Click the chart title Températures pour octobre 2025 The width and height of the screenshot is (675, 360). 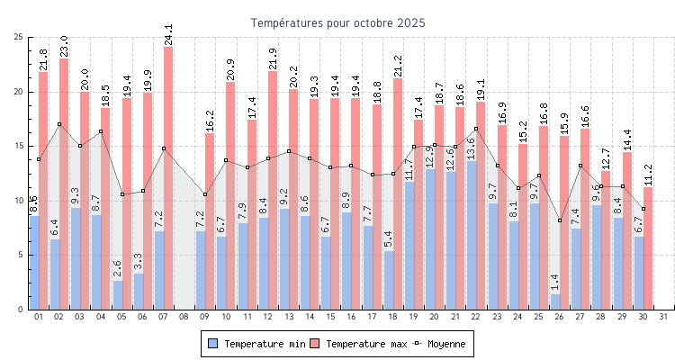pos(337,22)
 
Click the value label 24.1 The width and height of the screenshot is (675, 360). pos(168,34)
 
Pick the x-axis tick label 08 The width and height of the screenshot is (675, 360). pos(184,317)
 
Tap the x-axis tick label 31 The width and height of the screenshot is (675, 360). pos(663,317)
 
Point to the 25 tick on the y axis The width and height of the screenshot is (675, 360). pos(19,37)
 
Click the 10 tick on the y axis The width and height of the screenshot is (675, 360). pos(19,201)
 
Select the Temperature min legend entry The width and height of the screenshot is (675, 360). pos(252,344)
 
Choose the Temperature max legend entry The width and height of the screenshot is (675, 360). pos(356,344)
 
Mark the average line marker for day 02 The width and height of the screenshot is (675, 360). pos(59,124)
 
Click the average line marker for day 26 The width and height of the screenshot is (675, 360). pos(560,220)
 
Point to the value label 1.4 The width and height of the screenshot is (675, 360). pos(555,282)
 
